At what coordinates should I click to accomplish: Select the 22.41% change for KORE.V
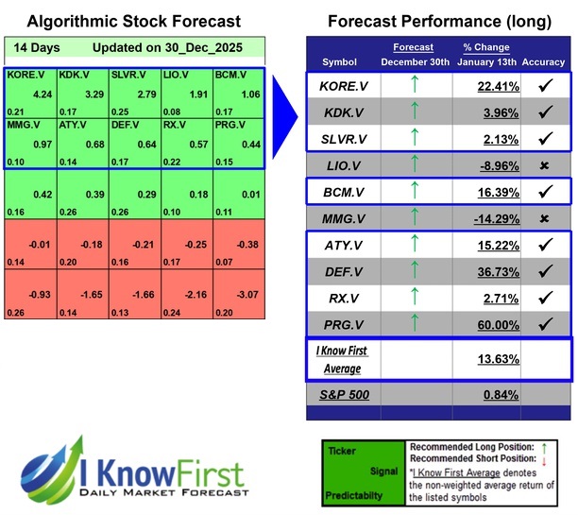[492, 88]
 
